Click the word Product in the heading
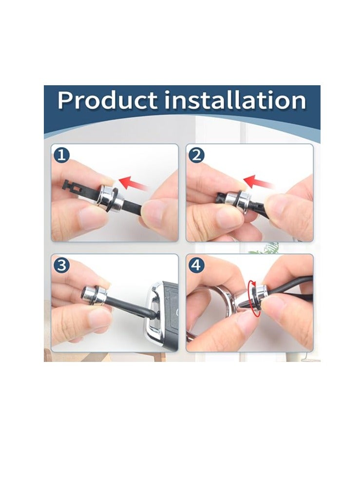[x=107, y=100]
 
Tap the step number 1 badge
[x=61, y=155]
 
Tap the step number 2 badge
[x=196, y=155]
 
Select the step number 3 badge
[x=61, y=265]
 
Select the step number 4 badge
[x=196, y=265]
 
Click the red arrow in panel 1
[x=133, y=183]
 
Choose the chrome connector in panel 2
[x=240, y=200]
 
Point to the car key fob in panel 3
[x=161, y=316]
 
